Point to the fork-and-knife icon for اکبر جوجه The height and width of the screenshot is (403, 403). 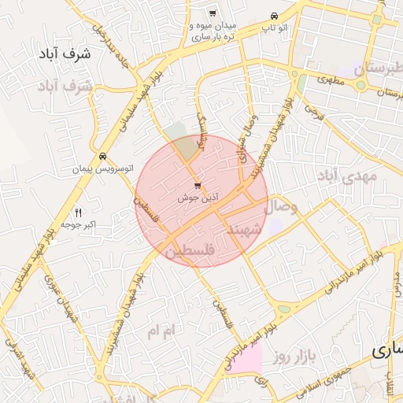[x=78, y=213]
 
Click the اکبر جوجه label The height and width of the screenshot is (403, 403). [x=79, y=226]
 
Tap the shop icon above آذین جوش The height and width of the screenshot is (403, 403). [x=197, y=186]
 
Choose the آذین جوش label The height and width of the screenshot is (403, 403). [x=197, y=198]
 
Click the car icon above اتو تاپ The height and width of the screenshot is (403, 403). [x=273, y=16]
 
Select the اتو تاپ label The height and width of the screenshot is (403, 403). [x=273, y=28]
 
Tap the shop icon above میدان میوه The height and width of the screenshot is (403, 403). [x=213, y=13]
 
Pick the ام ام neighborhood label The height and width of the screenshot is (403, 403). [x=164, y=331]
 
